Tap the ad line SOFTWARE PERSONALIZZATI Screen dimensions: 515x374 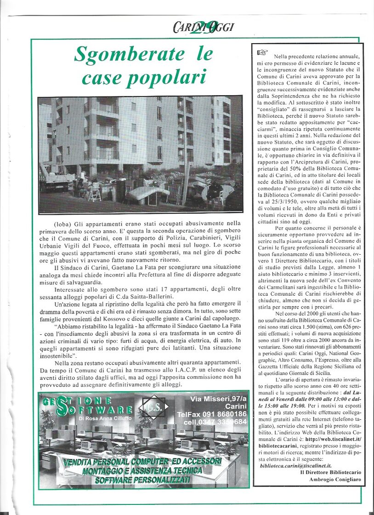point(142,480)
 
